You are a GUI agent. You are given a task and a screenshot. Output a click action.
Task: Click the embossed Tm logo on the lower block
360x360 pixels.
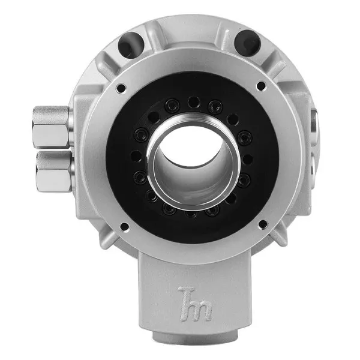[194, 304]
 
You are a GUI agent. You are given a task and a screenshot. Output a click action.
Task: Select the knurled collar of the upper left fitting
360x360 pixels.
[51, 115]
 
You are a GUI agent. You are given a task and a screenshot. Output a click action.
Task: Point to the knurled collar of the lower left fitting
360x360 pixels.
[55, 160]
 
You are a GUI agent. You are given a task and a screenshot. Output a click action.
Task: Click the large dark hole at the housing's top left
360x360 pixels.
[131, 44]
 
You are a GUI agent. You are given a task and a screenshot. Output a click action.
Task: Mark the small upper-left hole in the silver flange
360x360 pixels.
[121, 88]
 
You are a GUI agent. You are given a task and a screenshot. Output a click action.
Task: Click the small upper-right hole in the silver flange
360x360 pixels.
[261, 86]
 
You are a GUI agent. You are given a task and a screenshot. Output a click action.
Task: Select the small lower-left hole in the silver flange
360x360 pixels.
[124, 227]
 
